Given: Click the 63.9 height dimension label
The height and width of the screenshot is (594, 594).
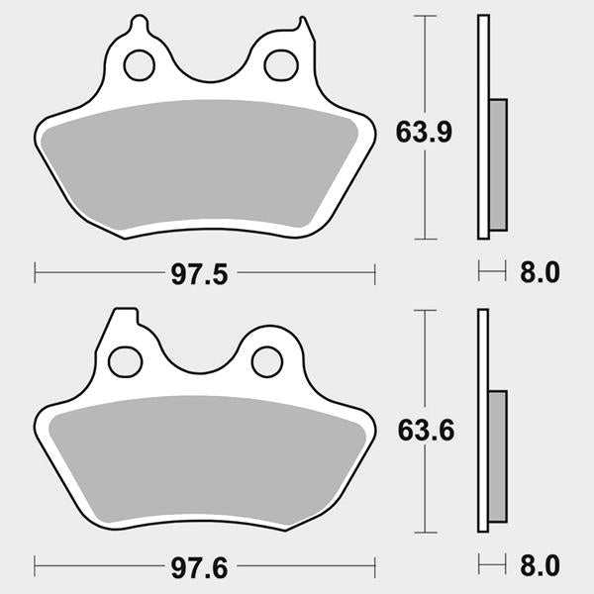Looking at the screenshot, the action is pos(424,133).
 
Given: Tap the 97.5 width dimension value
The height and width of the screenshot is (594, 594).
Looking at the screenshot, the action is pos(200,274).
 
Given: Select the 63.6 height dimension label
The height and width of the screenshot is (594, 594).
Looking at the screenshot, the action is pos(426,431).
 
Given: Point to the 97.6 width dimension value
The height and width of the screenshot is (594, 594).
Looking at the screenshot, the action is pos(200,568).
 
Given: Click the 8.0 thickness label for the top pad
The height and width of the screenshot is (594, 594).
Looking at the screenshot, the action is pos(540,272).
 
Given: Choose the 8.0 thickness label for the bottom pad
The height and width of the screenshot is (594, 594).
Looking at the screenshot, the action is pos(540,566).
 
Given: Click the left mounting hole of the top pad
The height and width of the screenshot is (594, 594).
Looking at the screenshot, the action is pos(139,65).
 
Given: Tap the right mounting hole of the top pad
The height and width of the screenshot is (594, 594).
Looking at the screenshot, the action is pos(281,65).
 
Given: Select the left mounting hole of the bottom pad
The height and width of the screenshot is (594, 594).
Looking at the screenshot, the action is pos(126,361).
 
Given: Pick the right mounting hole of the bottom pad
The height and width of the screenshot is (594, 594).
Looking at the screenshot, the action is pos(267,361).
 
